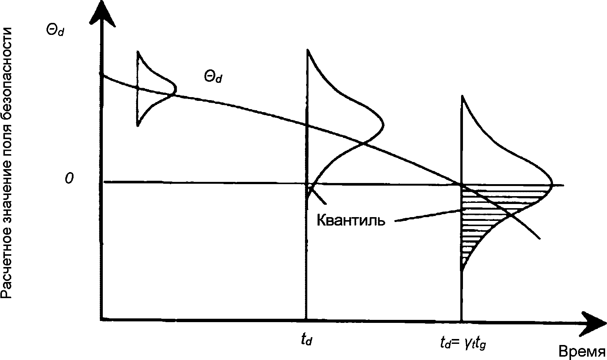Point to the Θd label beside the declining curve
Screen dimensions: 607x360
pos(213,77)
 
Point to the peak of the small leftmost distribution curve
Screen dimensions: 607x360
pos(176,89)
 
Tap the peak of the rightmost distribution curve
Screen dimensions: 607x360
pos(552,184)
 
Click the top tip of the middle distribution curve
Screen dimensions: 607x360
pos(308,49)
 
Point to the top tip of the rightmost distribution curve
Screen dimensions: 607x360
pos(462,96)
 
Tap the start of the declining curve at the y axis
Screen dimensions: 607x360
pos(102,75)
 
